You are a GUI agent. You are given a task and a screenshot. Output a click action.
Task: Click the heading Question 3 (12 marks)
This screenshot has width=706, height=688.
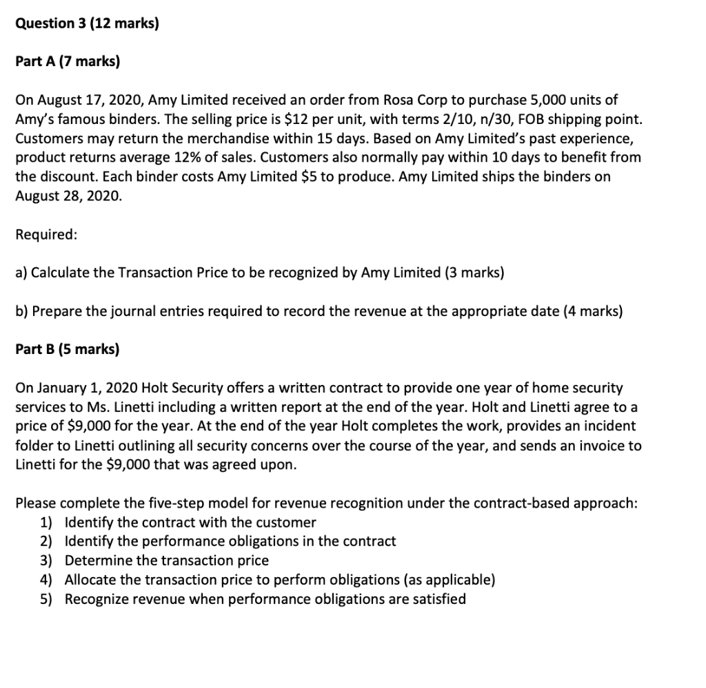click(87, 23)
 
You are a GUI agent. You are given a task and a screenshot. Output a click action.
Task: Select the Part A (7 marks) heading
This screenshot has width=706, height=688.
click(67, 62)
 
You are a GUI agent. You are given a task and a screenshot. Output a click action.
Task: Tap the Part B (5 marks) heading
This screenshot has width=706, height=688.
click(67, 349)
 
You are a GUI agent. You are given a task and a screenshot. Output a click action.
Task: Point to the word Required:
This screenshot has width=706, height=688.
click(46, 234)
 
